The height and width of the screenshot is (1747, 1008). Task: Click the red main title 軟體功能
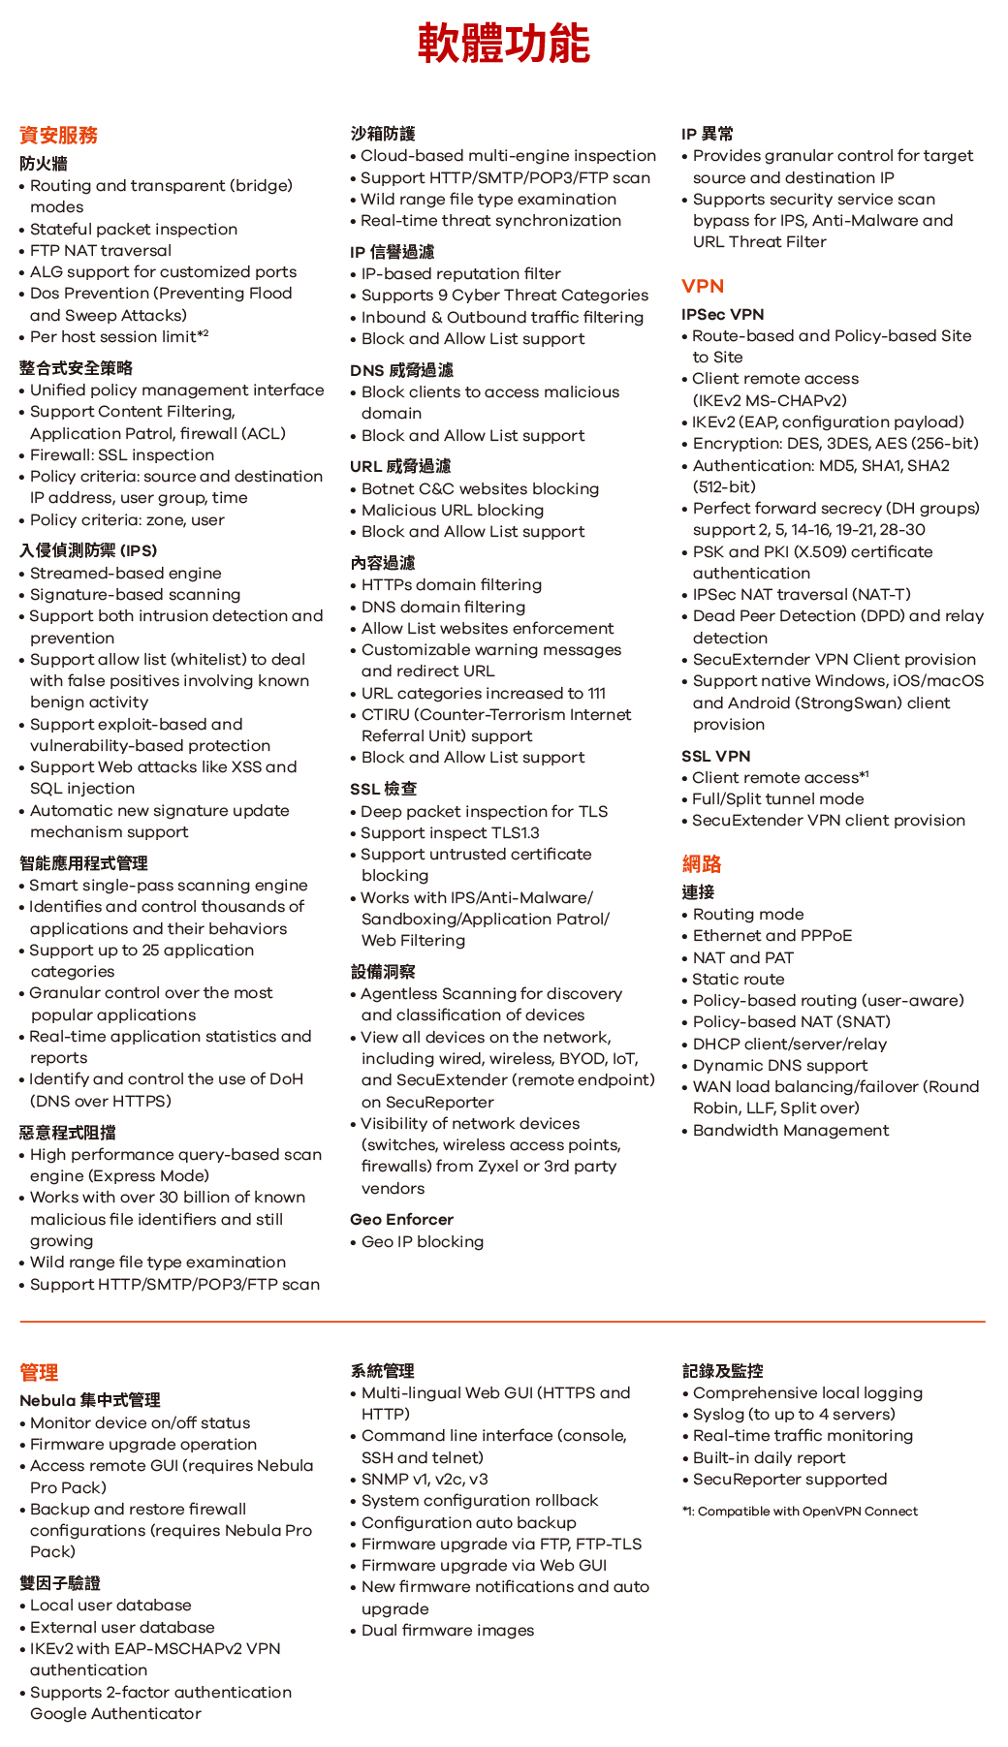503,44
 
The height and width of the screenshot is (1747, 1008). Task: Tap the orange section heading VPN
703,286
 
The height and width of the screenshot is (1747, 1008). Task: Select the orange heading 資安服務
58,135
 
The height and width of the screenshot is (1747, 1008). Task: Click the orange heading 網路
702,863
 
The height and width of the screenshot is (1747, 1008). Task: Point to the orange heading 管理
39,1372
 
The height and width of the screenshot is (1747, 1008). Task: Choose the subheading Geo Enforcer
401,1219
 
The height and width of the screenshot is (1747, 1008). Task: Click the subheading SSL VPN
715,756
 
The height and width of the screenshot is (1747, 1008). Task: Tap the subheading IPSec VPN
722,314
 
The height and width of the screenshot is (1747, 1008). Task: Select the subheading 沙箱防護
382,134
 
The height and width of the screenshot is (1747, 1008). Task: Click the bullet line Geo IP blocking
422,1241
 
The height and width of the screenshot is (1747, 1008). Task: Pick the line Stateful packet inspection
133,229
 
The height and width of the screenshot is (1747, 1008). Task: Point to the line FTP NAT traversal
100,250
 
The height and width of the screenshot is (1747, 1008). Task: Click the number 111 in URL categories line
597,693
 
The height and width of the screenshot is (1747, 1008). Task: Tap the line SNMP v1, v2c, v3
425,1479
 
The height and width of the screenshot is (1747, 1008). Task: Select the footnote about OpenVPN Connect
800,1511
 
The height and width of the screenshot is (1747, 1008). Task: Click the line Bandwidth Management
790,1130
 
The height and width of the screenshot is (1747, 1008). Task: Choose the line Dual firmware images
447,1630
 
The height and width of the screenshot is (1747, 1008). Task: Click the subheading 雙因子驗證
60,1582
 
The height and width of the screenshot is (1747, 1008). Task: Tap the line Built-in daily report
769,1457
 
